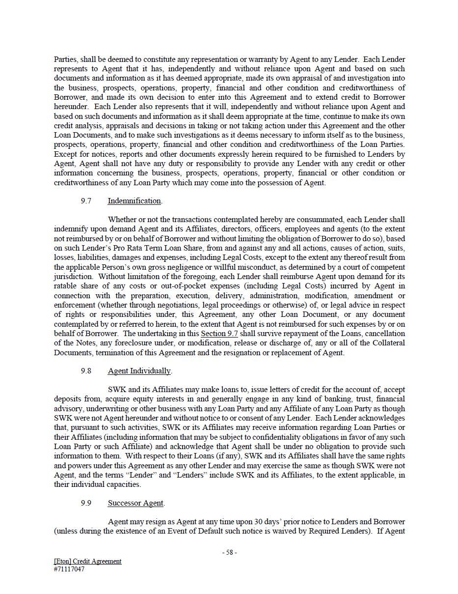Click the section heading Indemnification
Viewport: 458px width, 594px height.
click(x=134, y=200)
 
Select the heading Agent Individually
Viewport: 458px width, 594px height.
click(x=139, y=370)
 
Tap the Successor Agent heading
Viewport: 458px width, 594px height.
click(x=135, y=503)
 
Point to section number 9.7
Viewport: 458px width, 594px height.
click(x=86, y=200)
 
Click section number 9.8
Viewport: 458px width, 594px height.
click(x=86, y=370)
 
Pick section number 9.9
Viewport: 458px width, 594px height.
click(x=86, y=503)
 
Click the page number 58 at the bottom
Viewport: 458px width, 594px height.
click(x=229, y=552)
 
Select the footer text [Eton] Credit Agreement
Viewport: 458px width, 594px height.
click(x=87, y=561)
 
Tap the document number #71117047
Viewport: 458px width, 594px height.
click(x=69, y=569)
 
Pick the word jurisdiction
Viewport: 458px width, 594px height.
click(x=73, y=276)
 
